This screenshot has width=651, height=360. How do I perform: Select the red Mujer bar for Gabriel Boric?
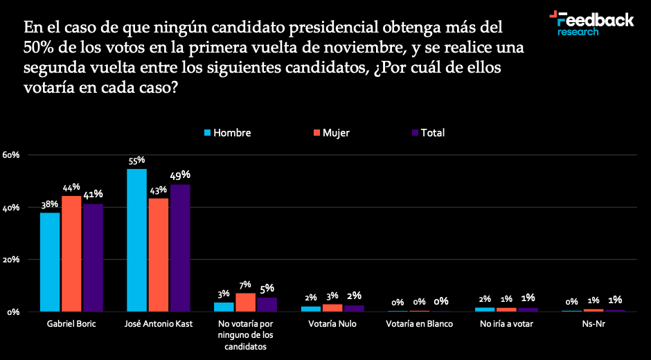(x=71, y=253)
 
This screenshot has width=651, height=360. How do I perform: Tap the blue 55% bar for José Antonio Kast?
(x=137, y=240)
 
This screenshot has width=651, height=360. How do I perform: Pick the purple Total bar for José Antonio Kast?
(x=180, y=248)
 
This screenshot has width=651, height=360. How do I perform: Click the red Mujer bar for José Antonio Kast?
(x=159, y=255)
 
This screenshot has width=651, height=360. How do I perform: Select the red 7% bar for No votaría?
(x=245, y=302)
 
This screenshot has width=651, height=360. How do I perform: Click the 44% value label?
(x=71, y=188)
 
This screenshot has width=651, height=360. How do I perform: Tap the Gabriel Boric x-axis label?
(x=71, y=324)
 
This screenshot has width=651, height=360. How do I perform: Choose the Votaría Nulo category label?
(x=332, y=324)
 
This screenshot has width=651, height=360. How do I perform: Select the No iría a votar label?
(x=506, y=324)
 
